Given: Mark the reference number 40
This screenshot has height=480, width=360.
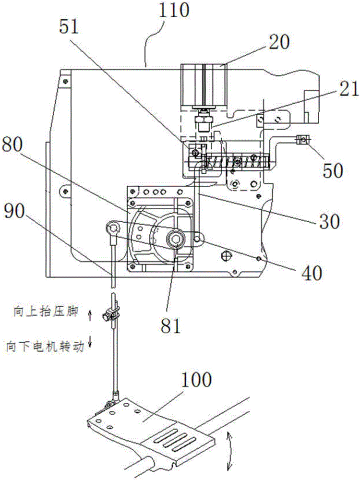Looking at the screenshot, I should (x=311, y=272).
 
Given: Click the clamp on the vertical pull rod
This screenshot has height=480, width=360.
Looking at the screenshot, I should (x=109, y=316).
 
